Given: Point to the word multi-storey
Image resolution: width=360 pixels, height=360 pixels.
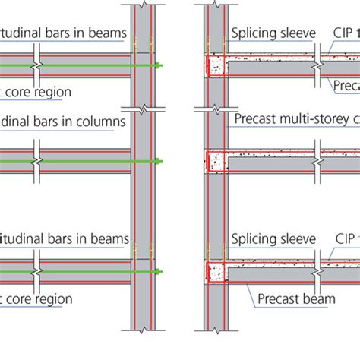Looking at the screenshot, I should pos(304,118).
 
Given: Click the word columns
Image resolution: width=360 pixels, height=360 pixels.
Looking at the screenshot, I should pos(98,120).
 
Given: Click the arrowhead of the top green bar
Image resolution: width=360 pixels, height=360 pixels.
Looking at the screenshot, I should pos(157,66).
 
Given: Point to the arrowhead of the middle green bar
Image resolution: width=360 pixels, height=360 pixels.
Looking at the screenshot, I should pos(157,160).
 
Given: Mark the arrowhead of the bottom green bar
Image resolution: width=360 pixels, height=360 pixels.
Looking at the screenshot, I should pos(157,272).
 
